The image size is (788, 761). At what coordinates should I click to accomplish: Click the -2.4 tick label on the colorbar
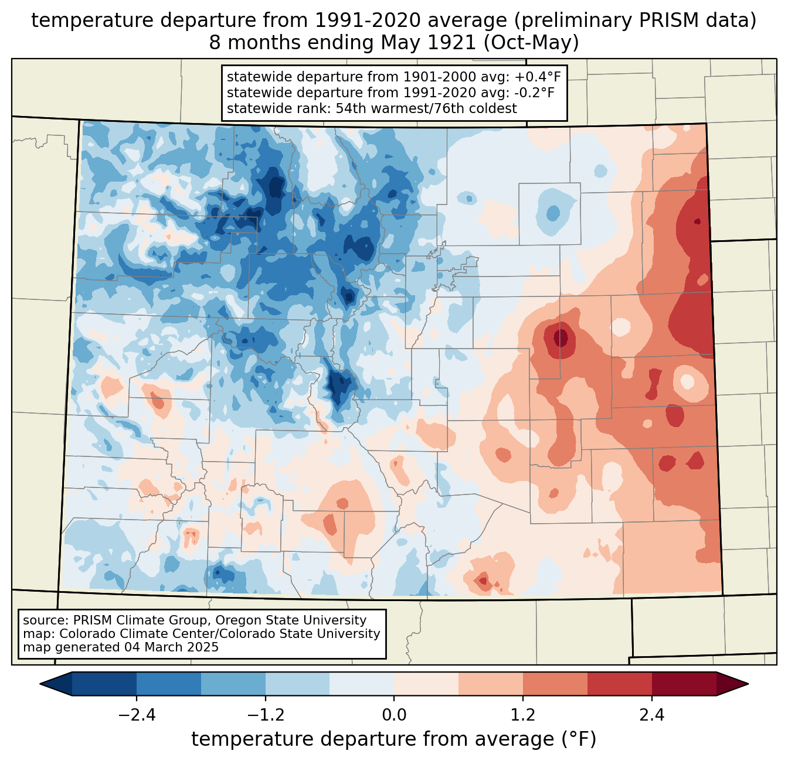pyautogui.click(x=137, y=715)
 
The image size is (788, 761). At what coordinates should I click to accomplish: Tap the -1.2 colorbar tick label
pyautogui.click(x=265, y=715)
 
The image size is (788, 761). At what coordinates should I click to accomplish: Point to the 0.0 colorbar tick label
pyautogui.click(x=394, y=715)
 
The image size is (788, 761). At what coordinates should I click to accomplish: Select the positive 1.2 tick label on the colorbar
pyautogui.click(x=522, y=715)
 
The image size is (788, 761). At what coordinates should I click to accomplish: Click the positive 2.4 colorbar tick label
pyautogui.click(x=651, y=715)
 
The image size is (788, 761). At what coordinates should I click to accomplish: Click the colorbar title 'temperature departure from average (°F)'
pyautogui.click(x=394, y=739)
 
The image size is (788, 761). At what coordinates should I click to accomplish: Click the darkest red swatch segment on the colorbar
pyautogui.click(x=684, y=684)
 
